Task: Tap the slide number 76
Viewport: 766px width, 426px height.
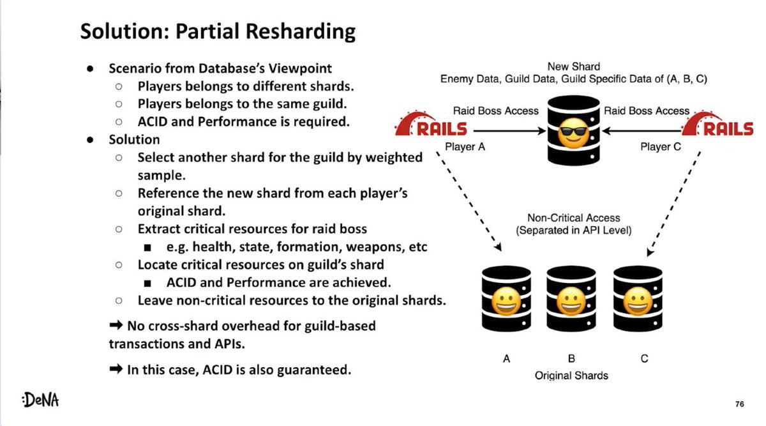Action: click(x=739, y=404)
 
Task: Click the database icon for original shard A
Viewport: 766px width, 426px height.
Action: click(x=506, y=300)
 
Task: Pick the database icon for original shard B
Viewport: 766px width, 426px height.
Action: click(x=571, y=300)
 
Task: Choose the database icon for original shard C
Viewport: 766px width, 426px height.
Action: click(x=637, y=300)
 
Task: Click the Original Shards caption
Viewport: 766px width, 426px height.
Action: click(x=571, y=375)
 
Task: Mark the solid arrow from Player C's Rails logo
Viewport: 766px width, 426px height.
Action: click(x=638, y=130)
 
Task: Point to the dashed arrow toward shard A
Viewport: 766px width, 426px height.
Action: click(x=469, y=204)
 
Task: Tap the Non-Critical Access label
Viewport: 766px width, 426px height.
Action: click(x=573, y=218)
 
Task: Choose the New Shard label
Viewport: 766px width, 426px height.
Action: click(x=573, y=66)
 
